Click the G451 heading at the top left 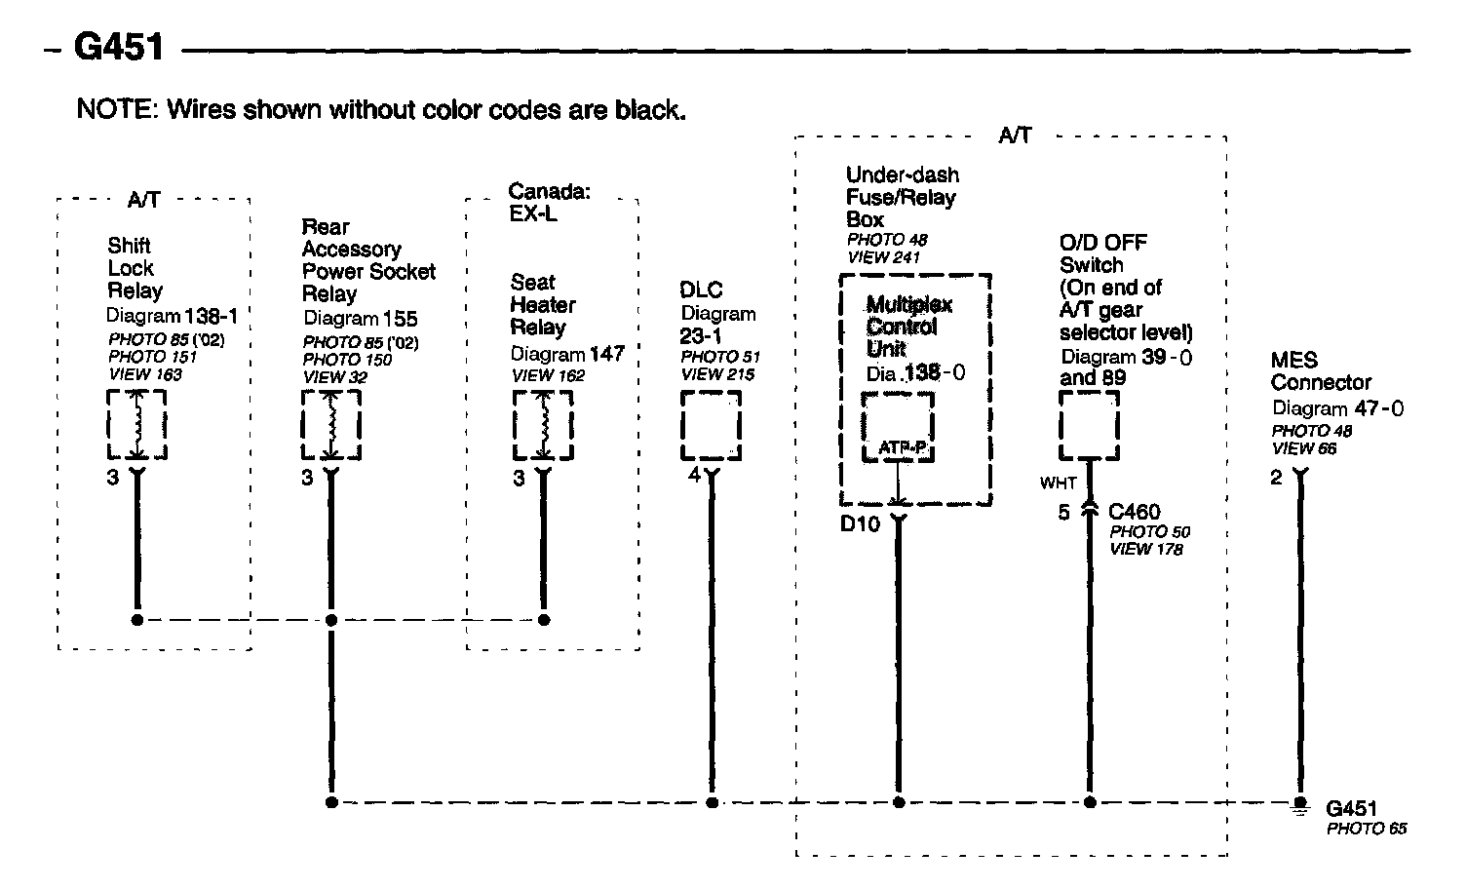pyautogui.click(x=119, y=48)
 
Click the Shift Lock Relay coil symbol pyautogui.click(x=136, y=425)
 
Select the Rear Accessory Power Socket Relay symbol pyautogui.click(x=330, y=425)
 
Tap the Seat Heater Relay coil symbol pyautogui.click(x=543, y=425)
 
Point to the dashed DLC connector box pyautogui.click(x=711, y=425)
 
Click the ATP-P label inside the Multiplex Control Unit pyautogui.click(x=903, y=447)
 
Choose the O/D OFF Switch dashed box pyautogui.click(x=1089, y=425)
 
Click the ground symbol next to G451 pyautogui.click(x=1299, y=805)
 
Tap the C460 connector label pyautogui.click(x=1135, y=512)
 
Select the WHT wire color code pyautogui.click(x=1058, y=483)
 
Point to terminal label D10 pyautogui.click(x=860, y=524)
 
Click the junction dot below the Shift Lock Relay pyautogui.click(x=137, y=619)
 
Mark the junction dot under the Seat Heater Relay pyautogui.click(x=544, y=619)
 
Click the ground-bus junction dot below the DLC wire pyautogui.click(x=712, y=802)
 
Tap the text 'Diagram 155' pyautogui.click(x=360, y=318)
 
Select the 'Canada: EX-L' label pyautogui.click(x=549, y=203)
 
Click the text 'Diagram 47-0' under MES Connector pyautogui.click(x=1337, y=408)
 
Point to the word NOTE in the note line pyautogui.click(x=114, y=109)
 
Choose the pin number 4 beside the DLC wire pyautogui.click(x=693, y=476)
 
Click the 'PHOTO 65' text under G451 pyautogui.click(x=1367, y=829)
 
